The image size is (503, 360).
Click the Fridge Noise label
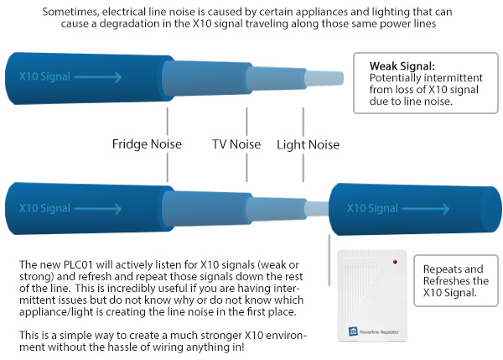coord(147,143)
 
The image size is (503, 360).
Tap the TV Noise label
coord(236,144)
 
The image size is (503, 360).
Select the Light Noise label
coord(308,145)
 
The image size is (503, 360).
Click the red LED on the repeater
coord(395,262)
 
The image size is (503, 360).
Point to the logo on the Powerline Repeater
coord(353,331)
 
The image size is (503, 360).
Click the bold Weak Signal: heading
coord(402,66)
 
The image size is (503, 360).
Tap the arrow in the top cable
coord(98,77)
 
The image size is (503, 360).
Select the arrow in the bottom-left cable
coord(98,209)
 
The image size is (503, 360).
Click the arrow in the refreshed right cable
coord(426,209)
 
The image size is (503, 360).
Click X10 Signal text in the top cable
coord(44,76)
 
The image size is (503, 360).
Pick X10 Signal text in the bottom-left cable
coord(44,208)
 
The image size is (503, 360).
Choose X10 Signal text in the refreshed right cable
coord(372,208)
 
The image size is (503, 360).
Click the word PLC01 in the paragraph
coord(78,264)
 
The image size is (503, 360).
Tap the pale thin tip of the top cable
coord(324,78)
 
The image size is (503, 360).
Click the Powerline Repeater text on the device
coord(379,332)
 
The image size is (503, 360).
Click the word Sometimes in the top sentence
coord(70,13)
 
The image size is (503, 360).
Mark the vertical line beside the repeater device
coord(329,260)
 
